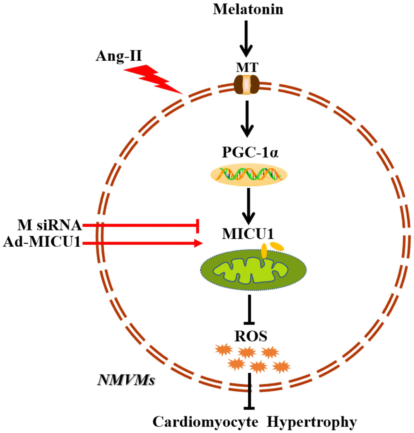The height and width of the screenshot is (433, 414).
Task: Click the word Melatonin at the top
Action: pos(248,9)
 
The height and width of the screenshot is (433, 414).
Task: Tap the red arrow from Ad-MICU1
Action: pos(142,243)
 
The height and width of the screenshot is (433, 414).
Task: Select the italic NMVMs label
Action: pos(126,381)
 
